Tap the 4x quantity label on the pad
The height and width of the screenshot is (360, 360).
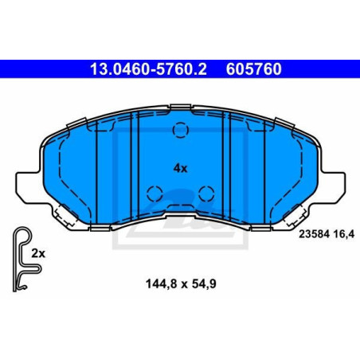coord(180,168)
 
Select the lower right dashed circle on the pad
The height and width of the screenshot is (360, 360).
coord(206,194)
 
